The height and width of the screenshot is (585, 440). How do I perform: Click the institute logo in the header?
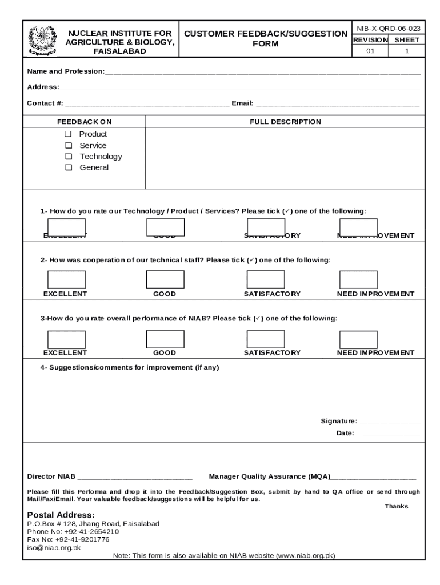click(x=42, y=39)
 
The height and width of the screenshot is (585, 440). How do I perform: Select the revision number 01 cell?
click(x=370, y=51)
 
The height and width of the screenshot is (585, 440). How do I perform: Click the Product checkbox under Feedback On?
click(x=69, y=134)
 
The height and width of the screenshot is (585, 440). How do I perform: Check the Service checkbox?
click(x=69, y=145)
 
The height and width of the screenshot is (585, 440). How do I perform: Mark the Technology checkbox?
click(x=69, y=157)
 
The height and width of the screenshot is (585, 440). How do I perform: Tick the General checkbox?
click(x=69, y=167)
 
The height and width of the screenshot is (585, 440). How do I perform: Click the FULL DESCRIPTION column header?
click(x=285, y=122)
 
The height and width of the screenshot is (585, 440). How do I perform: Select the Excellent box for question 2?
click(x=66, y=279)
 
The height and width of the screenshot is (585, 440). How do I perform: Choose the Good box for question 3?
click(x=165, y=339)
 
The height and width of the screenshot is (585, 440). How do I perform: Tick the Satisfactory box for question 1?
click(x=265, y=227)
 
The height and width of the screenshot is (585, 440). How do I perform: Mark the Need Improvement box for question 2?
click(x=358, y=279)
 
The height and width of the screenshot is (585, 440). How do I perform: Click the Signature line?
click(x=390, y=423)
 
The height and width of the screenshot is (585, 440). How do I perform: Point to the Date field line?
click(x=391, y=435)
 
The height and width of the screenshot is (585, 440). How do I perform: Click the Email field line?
click(x=337, y=106)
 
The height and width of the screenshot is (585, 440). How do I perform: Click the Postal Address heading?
click(x=61, y=514)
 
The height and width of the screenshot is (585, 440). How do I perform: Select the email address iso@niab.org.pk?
click(x=54, y=547)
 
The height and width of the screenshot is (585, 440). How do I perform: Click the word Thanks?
click(x=396, y=506)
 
